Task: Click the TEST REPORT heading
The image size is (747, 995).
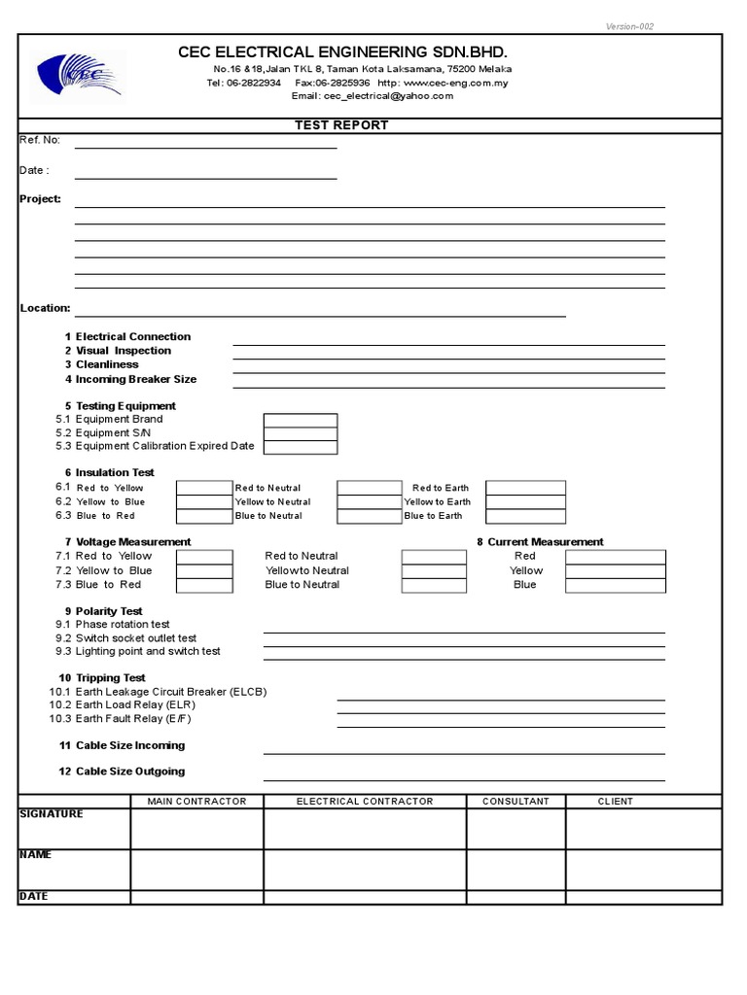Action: pos(341,125)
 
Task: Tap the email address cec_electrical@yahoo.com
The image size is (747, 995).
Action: pos(373,96)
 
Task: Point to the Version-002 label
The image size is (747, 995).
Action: pos(629,26)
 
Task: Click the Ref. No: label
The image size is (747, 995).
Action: pos(40,140)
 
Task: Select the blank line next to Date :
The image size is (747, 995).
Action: pos(205,177)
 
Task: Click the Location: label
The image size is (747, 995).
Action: pos(45,308)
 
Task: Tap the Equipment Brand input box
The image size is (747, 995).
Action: pos(301,420)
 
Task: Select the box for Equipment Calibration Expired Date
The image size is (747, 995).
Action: pos(301,447)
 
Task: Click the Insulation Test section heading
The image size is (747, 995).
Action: pos(115,473)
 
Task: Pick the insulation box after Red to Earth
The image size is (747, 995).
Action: pos(525,488)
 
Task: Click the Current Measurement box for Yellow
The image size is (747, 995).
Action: pos(616,571)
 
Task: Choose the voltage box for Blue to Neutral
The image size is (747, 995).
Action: pos(434,585)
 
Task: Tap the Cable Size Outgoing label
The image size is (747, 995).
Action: pos(129,772)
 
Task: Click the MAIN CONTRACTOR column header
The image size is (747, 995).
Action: pos(196,802)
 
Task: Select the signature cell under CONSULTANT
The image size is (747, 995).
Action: pos(516,829)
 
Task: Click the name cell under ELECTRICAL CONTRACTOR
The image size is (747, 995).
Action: pos(365,870)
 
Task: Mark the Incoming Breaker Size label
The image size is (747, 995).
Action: pos(135,379)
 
